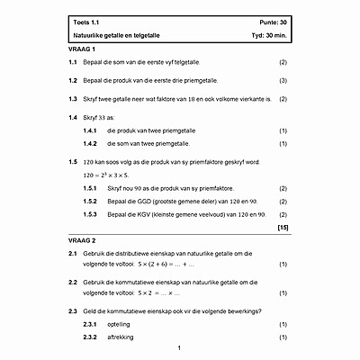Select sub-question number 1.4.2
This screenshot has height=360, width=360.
coord(89,143)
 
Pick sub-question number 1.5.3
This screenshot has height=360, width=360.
coord(89,214)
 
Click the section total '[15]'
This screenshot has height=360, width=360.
coord(282,229)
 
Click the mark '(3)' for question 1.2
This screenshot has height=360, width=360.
coord(283,81)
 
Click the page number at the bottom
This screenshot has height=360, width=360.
coord(179,347)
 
